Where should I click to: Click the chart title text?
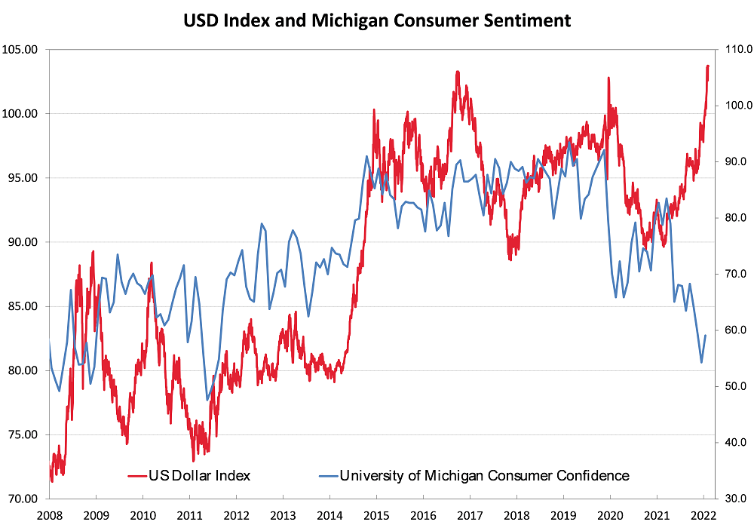point(377,20)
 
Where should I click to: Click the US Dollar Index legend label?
point(200,475)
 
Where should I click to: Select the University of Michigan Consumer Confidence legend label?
point(484,475)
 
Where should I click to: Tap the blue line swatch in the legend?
point(326,476)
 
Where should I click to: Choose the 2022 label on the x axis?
point(703,516)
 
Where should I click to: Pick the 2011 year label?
point(189,516)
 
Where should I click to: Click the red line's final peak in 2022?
point(708,66)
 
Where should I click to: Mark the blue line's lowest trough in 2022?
point(701,363)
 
